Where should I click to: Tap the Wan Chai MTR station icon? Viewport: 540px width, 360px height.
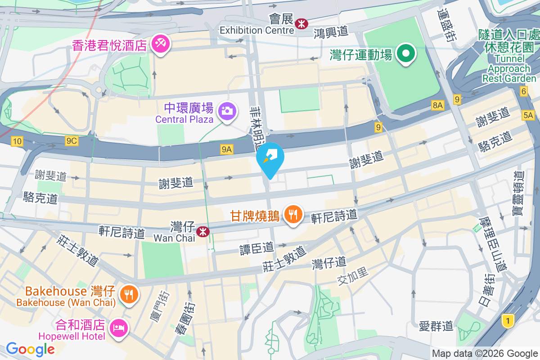pos(204,231)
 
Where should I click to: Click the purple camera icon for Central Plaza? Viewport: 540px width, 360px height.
pos(227,111)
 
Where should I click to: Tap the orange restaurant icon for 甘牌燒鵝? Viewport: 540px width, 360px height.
pos(293,215)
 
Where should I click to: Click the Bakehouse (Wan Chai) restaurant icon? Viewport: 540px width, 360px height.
pos(129,295)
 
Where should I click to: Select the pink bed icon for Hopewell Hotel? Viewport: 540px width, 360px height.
pos(119,327)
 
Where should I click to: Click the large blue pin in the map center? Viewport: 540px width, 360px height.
pos(270,158)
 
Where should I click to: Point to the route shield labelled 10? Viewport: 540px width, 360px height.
pos(17,142)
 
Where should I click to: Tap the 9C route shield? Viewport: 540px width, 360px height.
pos(72,141)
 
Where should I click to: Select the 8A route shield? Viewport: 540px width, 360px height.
pos(437,105)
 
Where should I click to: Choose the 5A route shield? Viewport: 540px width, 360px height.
pos(528,116)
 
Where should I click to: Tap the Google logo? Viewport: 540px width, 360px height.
pos(31,349)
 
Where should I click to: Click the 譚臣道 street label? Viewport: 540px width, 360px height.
pos(256,248)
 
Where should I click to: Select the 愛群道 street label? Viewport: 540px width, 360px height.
pos(436,325)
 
